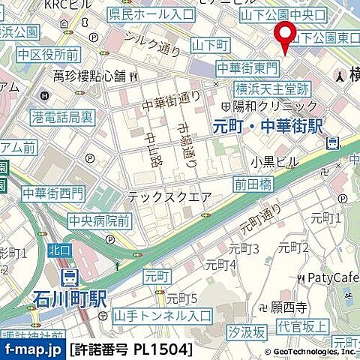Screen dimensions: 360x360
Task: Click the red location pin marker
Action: click(284, 35)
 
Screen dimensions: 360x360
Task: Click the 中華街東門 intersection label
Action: click(247, 68)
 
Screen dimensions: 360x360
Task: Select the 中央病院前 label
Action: click(99, 220)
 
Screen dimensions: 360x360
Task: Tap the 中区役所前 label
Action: click(49, 54)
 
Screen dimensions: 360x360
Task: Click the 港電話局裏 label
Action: click(63, 117)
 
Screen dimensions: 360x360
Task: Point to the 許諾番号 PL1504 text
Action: click(131, 349)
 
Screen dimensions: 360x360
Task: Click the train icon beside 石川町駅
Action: click(69, 278)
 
